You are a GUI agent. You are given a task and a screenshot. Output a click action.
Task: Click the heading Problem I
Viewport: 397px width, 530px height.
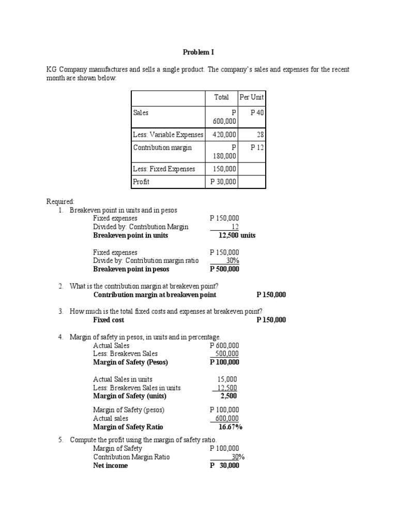(198, 52)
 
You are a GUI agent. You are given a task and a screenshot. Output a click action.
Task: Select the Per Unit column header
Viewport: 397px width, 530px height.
(251, 97)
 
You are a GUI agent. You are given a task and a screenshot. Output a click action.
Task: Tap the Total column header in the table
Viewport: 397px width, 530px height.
(221, 97)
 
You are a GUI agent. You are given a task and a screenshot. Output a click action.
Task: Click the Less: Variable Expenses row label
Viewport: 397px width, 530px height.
(168, 135)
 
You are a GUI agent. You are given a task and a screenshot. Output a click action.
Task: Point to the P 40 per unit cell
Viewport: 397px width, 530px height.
(257, 112)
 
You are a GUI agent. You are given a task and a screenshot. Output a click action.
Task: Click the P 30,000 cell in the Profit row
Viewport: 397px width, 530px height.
(223, 182)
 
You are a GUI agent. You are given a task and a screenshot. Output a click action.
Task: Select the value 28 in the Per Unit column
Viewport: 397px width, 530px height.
(260, 135)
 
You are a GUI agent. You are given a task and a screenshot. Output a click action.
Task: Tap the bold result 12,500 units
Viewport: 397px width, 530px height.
(237, 235)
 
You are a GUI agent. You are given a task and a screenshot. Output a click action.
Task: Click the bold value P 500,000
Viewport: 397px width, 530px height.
(224, 269)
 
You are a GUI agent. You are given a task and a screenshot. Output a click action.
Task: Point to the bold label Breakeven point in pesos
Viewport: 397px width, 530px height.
(131, 269)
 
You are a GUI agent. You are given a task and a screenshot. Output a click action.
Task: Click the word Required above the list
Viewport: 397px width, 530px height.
(60, 202)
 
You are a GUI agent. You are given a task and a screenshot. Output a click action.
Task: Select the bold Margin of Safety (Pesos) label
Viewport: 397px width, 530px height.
(130, 362)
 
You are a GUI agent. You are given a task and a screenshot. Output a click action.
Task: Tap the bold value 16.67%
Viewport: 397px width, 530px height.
(230, 427)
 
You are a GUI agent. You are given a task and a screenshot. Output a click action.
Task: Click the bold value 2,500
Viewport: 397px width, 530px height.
(228, 396)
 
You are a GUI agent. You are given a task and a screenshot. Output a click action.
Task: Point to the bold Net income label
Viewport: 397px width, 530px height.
(110, 465)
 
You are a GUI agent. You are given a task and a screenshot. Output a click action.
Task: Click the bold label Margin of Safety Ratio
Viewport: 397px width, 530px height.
(128, 427)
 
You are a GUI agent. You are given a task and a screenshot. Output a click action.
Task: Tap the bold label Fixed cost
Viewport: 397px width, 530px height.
(109, 320)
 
